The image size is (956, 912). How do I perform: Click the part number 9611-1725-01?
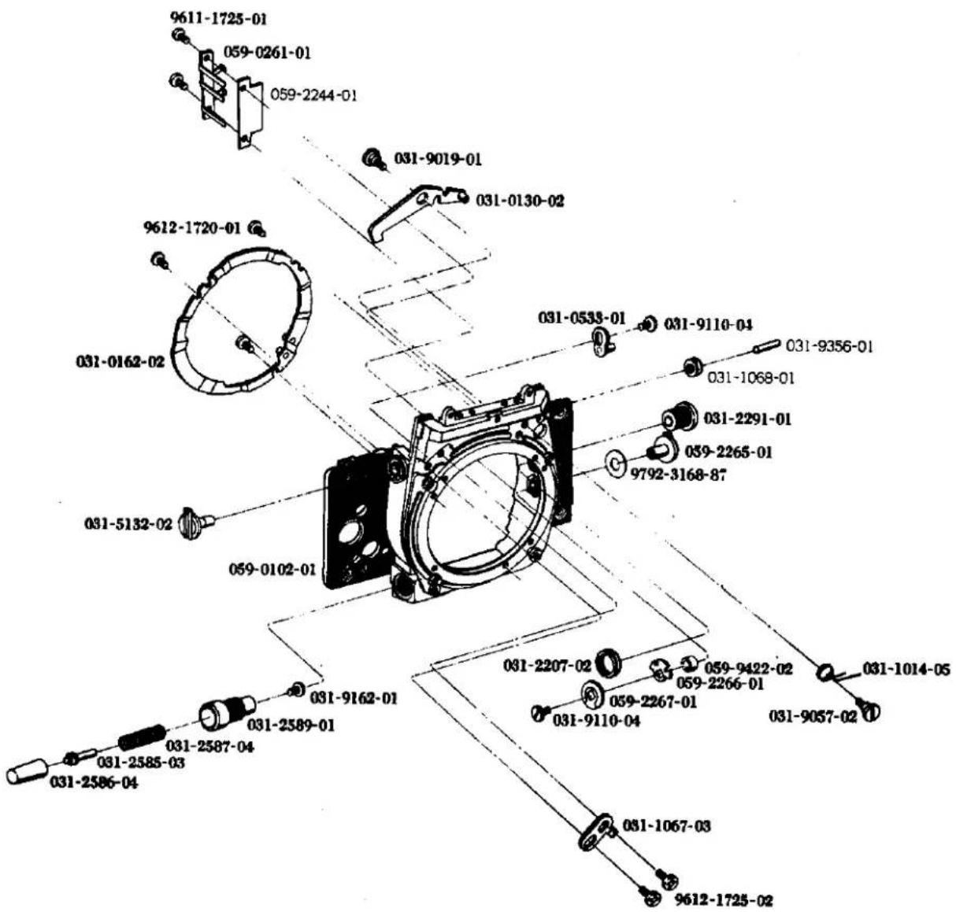[x=219, y=19]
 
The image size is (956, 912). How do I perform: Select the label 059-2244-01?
[x=313, y=94]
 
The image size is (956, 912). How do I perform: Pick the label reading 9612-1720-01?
[x=193, y=227]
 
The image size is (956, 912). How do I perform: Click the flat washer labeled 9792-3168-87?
[x=615, y=462]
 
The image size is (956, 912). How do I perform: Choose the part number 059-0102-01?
[x=272, y=570]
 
